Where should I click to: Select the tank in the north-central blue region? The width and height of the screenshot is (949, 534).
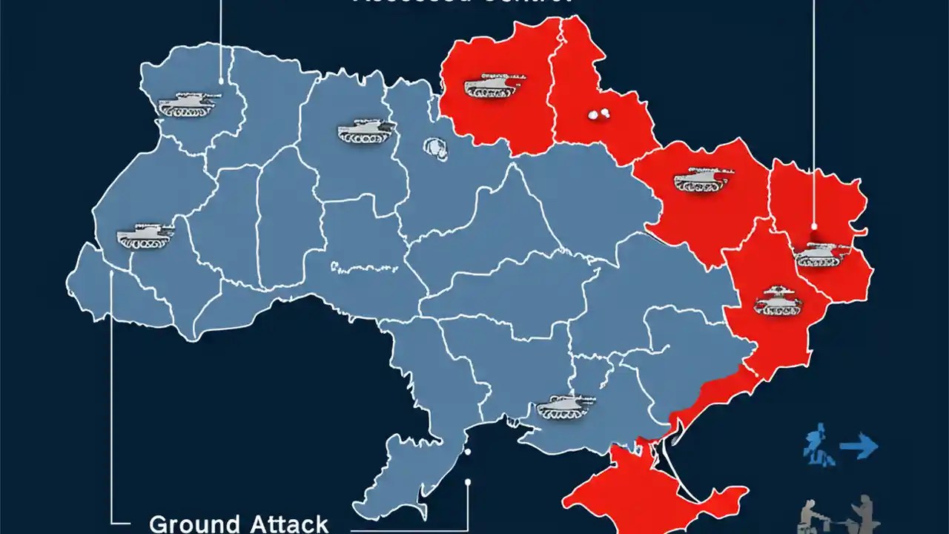pos(366,131)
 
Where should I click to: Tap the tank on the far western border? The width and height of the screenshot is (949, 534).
pos(145,236)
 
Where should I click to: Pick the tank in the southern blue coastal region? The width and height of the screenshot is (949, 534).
pos(565,406)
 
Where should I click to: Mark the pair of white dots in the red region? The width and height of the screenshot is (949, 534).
pos(598,115)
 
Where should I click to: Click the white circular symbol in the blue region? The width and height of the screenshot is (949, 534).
pos(437,148)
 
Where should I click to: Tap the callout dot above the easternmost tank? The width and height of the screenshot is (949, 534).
pos(814,227)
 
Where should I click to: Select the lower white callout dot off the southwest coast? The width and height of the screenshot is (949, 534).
pos(468,482)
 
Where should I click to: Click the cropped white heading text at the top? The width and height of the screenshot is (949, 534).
pos(463,2)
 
